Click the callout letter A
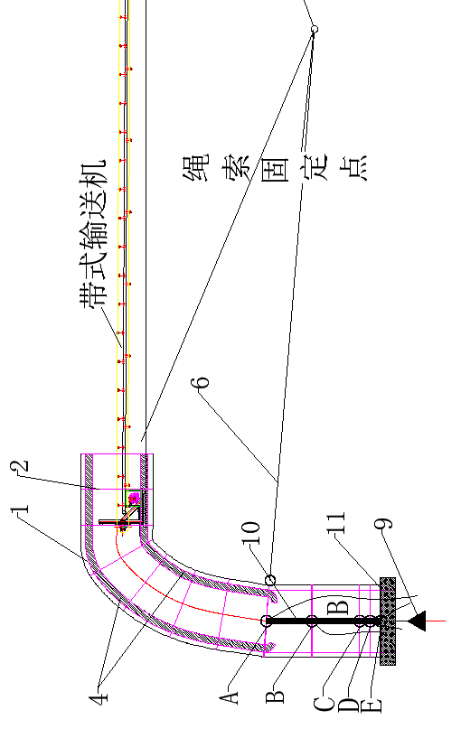click(232, 695)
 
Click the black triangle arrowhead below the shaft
click(418, 621)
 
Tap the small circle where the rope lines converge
click(315, 30)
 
